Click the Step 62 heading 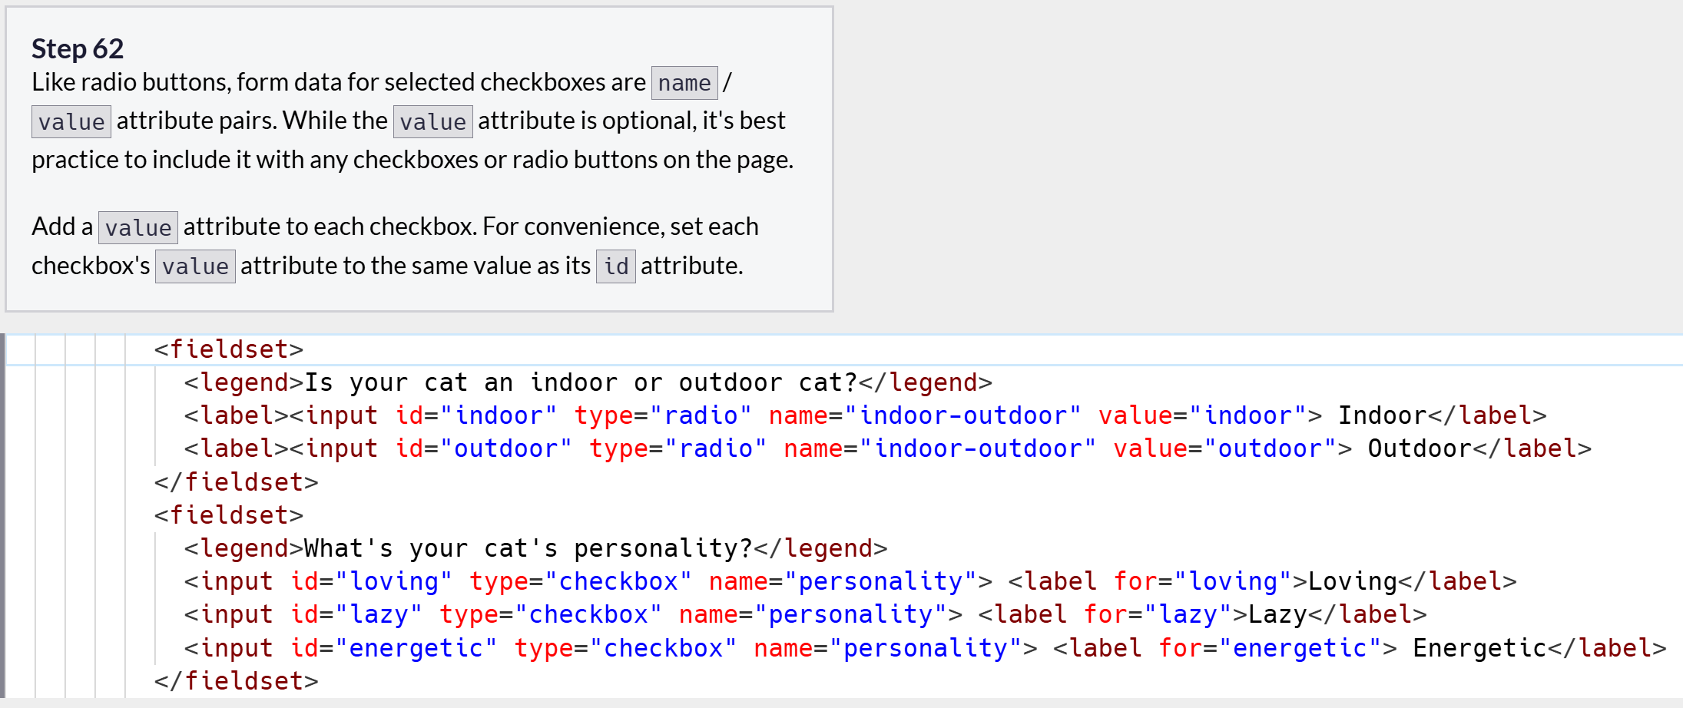point(78,49)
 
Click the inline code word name point(684,83)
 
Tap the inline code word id point(615,266)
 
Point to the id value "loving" point(394,581)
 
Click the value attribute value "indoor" point(1248,415)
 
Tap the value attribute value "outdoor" point(1271,448)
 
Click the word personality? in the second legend point(663,548)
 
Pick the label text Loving point(1352,581)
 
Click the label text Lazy point(1277,614)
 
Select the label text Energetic point(1479,648)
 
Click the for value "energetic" point(1300,648)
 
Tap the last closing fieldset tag point(237,681)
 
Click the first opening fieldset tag point(229,349)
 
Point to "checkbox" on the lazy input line point(588,614)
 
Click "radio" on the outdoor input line point(716,448)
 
